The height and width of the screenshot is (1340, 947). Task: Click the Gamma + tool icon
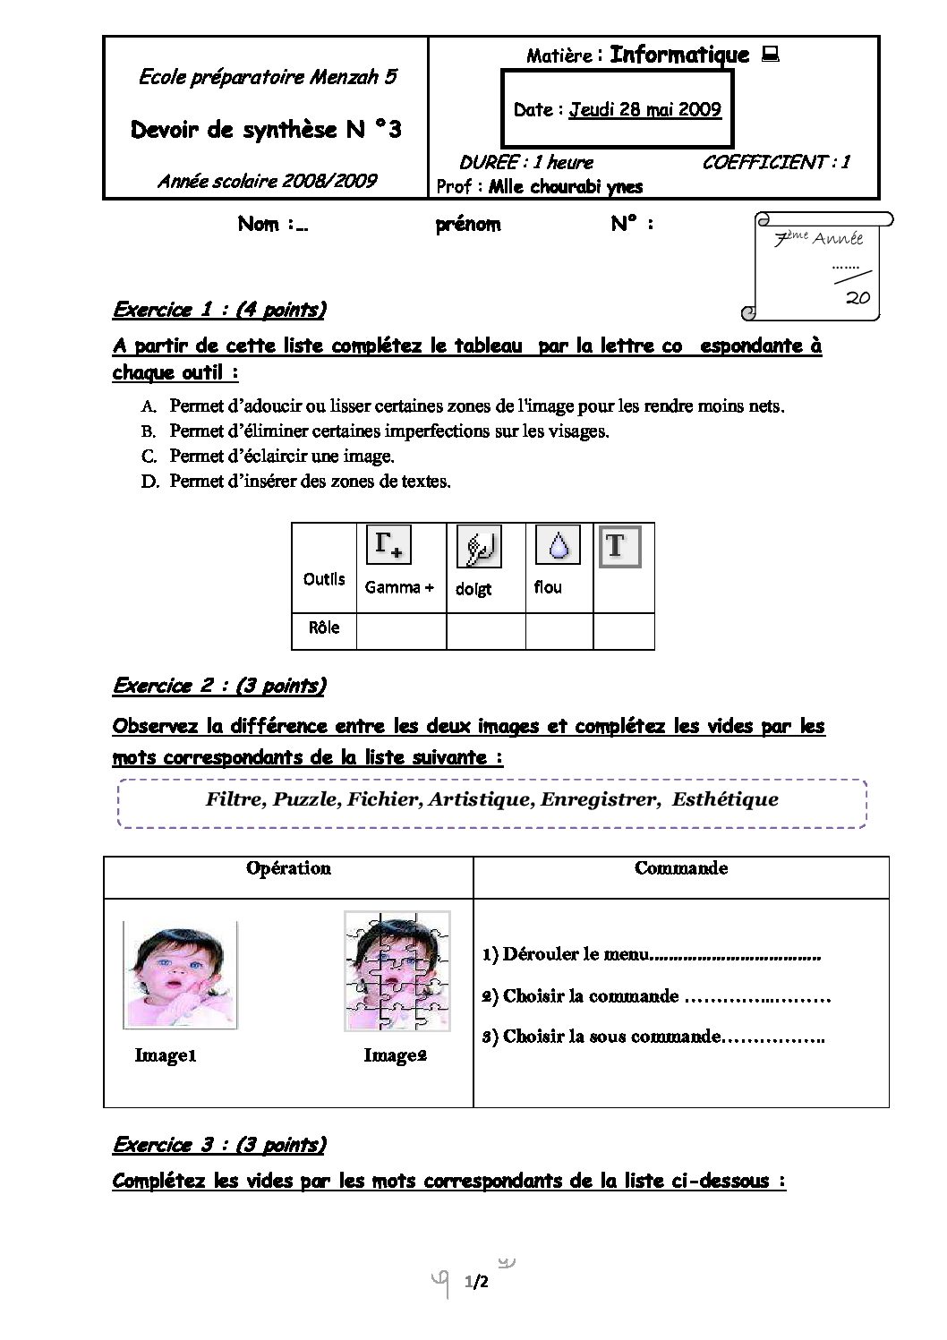[388, 546]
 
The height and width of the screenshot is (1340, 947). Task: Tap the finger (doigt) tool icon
[479, 547]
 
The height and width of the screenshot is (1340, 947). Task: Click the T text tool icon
[619, 546]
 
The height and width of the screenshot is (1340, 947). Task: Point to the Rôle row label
[324, 628]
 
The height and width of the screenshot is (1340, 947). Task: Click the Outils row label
[324, 578]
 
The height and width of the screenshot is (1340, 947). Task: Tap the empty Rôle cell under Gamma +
[401, 630]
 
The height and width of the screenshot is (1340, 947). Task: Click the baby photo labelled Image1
[179, 976]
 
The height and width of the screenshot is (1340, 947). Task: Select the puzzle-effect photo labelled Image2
[397, 970]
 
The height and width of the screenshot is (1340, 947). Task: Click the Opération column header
[288, 868]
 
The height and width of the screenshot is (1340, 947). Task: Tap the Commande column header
[681, 868]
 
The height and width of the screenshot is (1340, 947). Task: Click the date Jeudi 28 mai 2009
[645, 109]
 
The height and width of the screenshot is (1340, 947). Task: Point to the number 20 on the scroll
[857, 299]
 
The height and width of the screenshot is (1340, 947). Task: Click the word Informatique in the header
[679, 55]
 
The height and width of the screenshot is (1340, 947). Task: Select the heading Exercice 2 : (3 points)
[219, 687]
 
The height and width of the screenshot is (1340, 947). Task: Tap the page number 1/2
[476, 1284]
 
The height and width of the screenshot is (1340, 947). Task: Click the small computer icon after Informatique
[769, 55]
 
